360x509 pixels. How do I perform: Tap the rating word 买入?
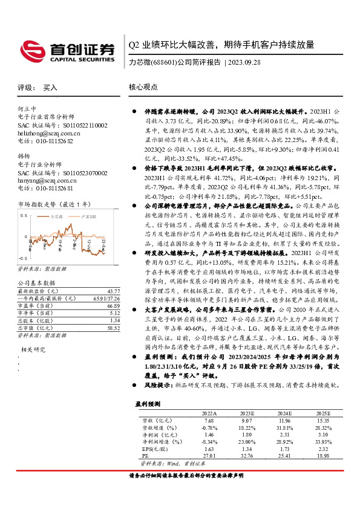50,88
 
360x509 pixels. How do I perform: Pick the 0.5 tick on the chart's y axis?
23,215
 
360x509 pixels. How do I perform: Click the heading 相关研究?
33,349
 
